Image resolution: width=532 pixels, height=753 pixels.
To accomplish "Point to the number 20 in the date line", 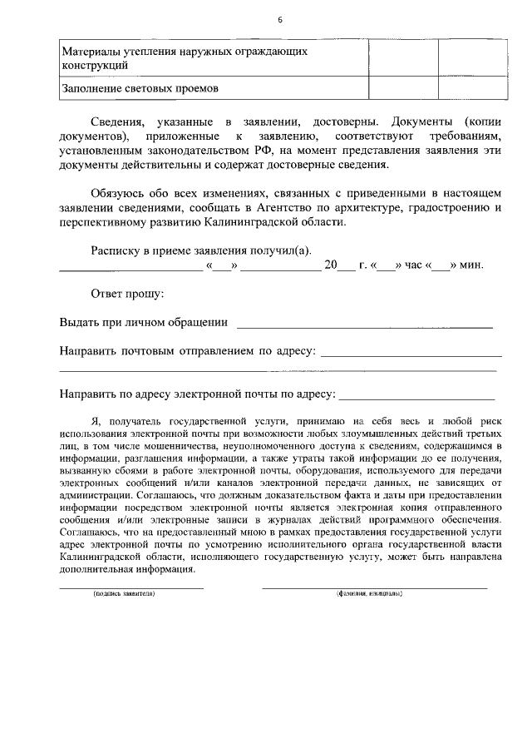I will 331,266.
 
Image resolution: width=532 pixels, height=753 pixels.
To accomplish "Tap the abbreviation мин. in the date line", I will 472,266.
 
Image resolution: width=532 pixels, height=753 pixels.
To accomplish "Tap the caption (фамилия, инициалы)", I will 369,594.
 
